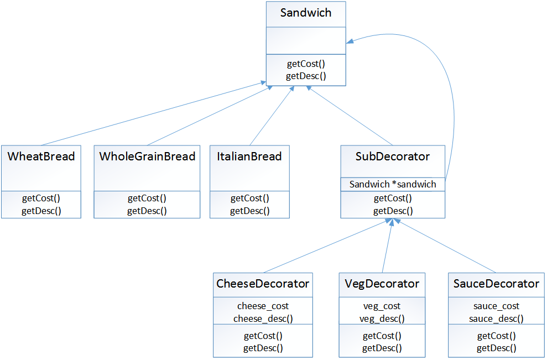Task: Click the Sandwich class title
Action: (306, 13)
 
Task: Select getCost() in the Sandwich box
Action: (306, 64)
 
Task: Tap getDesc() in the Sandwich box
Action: (306, 76)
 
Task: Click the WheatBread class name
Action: (41, 156)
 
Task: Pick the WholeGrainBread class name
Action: (147, 156)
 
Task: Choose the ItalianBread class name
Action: (249, 156)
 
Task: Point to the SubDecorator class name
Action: (393, 156)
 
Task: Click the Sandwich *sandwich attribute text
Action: (393, 184)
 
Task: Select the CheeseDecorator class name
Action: (263, 284)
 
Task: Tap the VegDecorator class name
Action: (382, 284)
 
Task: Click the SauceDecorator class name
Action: (496, 284)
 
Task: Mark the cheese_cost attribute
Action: (263, 306)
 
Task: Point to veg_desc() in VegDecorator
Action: (382, 319)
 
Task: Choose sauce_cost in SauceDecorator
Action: (496, 306)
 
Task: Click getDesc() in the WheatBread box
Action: (41, 210)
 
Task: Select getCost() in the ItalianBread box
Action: (249, 198)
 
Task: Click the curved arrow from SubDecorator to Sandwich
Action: (452, 111)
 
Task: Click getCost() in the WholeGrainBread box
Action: (147, 198)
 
